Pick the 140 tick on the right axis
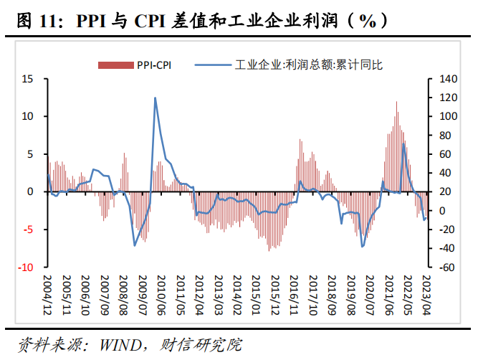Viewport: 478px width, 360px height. click(448, 78)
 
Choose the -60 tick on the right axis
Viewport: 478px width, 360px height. click(447, 267)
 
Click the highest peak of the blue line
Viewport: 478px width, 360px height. click(156, 98)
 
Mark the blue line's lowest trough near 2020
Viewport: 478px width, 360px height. click(363, 247)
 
